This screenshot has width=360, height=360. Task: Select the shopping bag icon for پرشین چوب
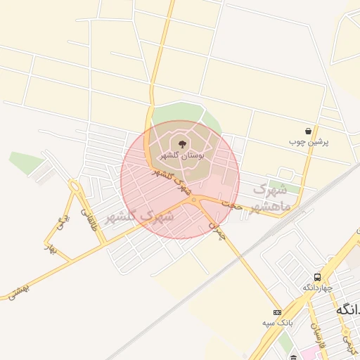click(309, 131)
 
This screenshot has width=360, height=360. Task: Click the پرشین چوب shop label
click(309, 141)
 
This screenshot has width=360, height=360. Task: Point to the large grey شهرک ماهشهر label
click(270, 198)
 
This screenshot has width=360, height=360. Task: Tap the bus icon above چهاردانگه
click(318, 278)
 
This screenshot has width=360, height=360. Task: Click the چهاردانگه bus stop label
click(318, 288)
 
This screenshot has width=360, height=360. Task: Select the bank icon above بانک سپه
click(277, 312)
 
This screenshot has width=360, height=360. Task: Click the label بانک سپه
click(277, 323)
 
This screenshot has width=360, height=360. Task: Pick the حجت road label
click(232, 205)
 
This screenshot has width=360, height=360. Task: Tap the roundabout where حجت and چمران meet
click(194, 200)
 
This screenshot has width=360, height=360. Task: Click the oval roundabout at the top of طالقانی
click(75, 186)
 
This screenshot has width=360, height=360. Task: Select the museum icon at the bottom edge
click(292, 357)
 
